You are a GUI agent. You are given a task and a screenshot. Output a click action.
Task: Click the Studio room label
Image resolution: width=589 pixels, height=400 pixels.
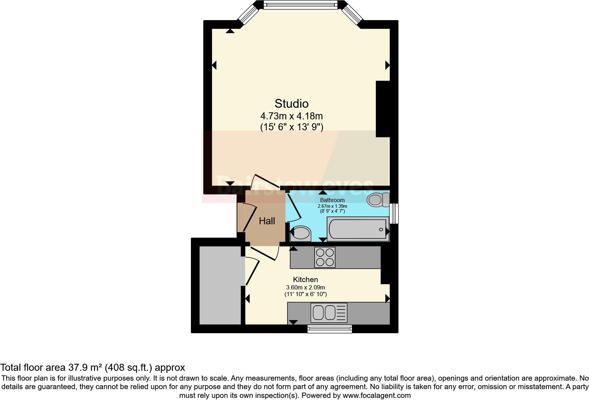click(291, 104)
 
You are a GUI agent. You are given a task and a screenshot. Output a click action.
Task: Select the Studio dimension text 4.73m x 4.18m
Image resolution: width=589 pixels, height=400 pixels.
click(291, 116)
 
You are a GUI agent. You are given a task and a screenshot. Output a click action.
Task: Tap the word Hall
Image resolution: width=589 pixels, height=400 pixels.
click(267, 221)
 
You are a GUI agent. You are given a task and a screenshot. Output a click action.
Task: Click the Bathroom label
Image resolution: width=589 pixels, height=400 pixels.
click(332, 200)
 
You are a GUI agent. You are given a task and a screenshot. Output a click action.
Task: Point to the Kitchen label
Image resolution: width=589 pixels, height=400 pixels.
click(305, 280)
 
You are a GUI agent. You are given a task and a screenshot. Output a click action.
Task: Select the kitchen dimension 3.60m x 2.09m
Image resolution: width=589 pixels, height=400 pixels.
click(305, 287)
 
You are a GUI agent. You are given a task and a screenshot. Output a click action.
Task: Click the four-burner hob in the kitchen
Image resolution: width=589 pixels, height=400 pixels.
click(325, 257)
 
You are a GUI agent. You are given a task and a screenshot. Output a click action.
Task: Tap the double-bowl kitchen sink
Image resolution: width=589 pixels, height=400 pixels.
click(325, 312)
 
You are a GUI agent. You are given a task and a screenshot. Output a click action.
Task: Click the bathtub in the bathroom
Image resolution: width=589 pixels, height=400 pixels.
click(358, 229)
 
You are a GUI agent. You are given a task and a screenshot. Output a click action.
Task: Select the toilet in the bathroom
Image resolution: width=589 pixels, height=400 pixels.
click(377, 200)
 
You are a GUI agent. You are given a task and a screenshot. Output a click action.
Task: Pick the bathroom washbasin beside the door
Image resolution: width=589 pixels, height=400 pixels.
click(300, 233)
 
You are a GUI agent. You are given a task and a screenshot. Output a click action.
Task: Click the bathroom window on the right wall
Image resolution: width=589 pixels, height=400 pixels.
click(395, 213)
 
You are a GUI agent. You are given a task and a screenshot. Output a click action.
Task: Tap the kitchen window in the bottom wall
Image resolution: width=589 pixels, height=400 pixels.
click(329, 329)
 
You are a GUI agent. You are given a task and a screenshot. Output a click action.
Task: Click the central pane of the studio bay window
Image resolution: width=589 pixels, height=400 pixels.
click(300, 5)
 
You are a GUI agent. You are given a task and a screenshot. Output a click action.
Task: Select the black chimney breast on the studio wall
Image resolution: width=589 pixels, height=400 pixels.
click(383, 109)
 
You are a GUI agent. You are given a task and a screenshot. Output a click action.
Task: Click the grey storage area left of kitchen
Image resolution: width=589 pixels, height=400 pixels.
click(220, 285)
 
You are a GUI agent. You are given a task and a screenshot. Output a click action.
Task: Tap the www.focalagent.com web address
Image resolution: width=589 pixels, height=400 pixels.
click(376, 395)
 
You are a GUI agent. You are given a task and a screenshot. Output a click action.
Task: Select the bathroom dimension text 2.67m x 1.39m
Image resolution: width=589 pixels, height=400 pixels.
click(332, 206)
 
